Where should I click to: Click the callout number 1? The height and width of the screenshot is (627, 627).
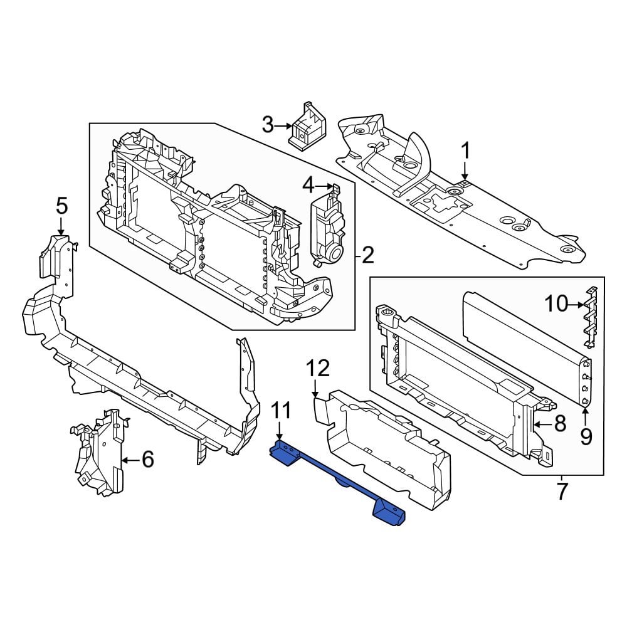pyautogui.click(x=465, y=150)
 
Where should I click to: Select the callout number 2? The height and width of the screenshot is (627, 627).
pyautogui.click(x=367, y=255)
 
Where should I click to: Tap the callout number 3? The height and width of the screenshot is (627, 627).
pyautogui.click(x=268, y=125)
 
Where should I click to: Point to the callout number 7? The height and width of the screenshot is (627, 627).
pyautogui.click(x=562, y=490)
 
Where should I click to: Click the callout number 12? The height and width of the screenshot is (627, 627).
pyautogui.click(x=318, y=368)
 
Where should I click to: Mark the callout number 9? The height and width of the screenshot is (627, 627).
pyautogui.click(x=586, y=436)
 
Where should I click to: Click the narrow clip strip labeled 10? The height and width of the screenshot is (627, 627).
pyautogui.click(x=590, y=317)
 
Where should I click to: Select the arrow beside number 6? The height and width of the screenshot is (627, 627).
pyautogui.click(x=130, y=460)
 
